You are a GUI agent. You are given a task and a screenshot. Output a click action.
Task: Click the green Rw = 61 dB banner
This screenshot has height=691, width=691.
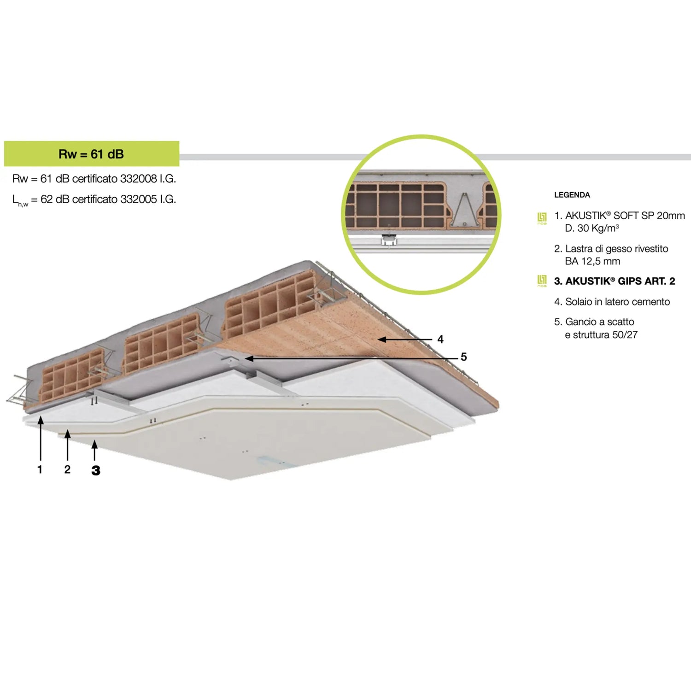pos(92,154)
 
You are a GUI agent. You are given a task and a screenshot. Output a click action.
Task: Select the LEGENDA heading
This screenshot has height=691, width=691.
pos(572,195)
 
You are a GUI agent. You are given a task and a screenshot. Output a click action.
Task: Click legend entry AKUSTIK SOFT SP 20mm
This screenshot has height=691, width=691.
pos(625,216)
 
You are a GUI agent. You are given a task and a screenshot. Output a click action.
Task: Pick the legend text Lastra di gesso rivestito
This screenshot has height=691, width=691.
pos(617,249)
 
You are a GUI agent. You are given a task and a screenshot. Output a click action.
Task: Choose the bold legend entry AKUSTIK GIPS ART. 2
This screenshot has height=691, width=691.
pos(620,281)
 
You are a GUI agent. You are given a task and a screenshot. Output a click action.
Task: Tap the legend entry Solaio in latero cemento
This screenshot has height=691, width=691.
pos(618,302)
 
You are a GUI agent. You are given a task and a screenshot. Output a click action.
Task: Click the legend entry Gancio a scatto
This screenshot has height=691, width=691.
pos(600,322)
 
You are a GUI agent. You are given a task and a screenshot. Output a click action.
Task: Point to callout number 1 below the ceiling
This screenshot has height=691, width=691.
pos(40,469)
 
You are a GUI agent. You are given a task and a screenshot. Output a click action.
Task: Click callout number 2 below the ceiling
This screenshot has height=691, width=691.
pos(67,469)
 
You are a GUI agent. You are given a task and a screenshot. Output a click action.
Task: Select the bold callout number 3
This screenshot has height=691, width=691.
pos(96,470)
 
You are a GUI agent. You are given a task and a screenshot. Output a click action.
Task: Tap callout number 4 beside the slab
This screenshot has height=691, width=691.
pos(440,340)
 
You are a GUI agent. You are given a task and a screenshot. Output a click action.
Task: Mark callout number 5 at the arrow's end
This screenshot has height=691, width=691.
pos(464,357)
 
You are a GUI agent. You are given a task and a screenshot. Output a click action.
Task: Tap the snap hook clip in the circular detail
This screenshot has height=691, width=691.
pos(389,240)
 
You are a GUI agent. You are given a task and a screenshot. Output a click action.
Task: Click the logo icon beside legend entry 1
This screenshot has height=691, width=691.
pos(542,218)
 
